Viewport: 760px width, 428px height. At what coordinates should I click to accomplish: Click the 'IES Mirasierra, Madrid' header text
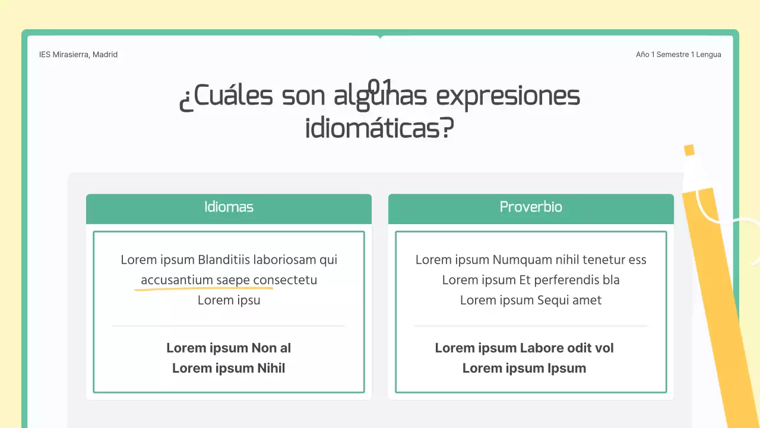(78, 55)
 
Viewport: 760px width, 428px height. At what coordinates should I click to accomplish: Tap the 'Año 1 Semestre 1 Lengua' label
(678, 55)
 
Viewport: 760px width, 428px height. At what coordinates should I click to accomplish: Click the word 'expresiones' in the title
(508, 96)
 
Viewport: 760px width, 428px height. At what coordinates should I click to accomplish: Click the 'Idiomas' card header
(229, 207)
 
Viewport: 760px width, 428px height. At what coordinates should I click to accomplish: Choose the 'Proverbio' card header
(531, 207)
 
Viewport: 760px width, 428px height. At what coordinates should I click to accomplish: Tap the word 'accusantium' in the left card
(176, 280)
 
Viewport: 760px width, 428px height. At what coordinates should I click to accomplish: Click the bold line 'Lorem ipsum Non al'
(229, 348)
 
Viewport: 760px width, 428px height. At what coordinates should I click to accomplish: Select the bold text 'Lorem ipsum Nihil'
(229, 369)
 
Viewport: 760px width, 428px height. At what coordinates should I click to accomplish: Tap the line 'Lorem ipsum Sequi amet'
(531, 300)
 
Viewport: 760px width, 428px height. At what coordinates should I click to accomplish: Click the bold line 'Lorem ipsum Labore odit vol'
(524, 348)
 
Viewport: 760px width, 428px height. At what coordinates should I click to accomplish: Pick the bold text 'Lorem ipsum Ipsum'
(524, 369)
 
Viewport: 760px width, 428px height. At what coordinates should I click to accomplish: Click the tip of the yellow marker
(689, 150)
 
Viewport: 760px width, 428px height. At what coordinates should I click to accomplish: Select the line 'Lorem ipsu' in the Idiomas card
(229, 300)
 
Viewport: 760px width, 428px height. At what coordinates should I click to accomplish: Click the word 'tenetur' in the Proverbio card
(604, 260)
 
